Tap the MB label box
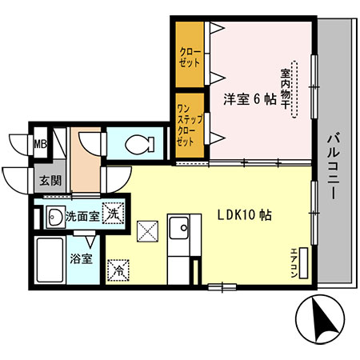tap(39, 145)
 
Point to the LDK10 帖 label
tap(245, 215)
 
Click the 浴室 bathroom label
tap(81, 259)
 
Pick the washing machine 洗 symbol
tap(114, 214)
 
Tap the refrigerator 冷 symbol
tap(118, 270)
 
